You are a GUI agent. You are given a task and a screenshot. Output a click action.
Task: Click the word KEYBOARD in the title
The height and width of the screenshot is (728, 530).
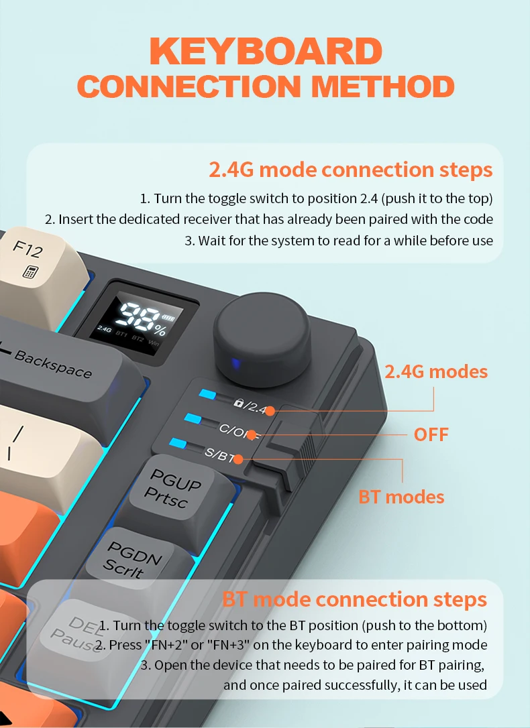[x=266, y=51]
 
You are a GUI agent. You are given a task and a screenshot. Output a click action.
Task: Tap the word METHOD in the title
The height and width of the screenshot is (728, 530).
[x=382, y=86]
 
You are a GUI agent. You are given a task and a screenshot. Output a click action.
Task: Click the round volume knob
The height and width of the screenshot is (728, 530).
[x=262, y=339]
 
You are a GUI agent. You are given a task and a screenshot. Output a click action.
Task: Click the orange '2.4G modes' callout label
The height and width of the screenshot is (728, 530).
[x=435, y=372]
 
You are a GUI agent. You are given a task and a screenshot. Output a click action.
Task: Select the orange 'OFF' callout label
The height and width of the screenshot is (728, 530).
[x=431, y=435]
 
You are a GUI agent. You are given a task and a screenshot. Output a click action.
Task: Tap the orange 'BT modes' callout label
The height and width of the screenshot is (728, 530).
[x=401, y=497]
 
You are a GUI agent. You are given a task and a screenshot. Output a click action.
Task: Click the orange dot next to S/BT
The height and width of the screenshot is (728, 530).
[x=238, y=459]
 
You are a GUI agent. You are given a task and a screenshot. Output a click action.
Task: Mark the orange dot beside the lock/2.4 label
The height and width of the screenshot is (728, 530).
[x=270, y=410]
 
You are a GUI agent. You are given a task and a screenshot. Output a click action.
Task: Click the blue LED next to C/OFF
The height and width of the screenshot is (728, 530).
[x=193, y=418]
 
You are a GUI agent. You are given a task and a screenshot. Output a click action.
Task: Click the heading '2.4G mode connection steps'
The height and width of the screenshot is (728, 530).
[x=351, y=170]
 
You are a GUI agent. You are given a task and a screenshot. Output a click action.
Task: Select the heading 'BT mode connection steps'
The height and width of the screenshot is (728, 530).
[x=354, y=599]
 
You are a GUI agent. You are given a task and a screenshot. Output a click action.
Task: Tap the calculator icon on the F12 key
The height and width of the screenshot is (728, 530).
[x=31, y=271]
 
